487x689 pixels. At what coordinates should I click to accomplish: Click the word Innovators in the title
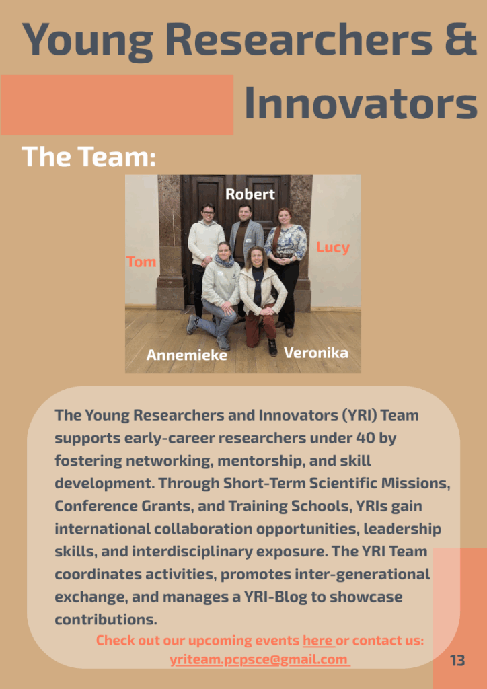click(x=361, y=102)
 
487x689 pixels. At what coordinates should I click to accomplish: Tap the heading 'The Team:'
click(x=88, y=156)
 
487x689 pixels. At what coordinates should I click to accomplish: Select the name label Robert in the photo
click(x=250, y=194)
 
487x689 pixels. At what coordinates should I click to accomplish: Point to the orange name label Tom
click(x=141, y=262)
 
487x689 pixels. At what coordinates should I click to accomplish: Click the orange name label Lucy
click(x=332, y=248)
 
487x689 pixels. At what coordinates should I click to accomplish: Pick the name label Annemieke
click(x=186, y=355)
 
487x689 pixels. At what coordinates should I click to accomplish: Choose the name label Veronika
click(x=315, y=353)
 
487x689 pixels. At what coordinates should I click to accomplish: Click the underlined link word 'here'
click(x=317, y=641)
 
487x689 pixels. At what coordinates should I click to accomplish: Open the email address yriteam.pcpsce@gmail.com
click(x=259, y=660)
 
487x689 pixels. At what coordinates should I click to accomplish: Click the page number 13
click(x=457, y=661)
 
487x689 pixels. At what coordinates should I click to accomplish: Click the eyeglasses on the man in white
click(x=208, y=213)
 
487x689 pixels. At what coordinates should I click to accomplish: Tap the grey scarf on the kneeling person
click(x=225, y=262)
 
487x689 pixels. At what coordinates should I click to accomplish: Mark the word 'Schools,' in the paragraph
click(x=320, y=506)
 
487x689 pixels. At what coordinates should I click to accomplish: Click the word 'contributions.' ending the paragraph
click(x=106, y=620)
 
